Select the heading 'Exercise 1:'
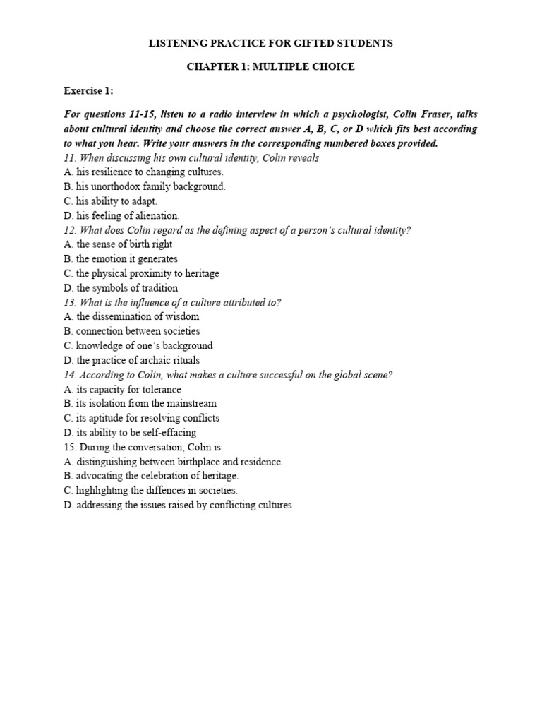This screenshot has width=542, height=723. click(88, 91)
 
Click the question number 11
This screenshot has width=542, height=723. click(68, 157)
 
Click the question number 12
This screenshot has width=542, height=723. click(68, 230)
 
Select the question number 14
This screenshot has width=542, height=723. click(68, 375)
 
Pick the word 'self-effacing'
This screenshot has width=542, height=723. click(168, 432)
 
